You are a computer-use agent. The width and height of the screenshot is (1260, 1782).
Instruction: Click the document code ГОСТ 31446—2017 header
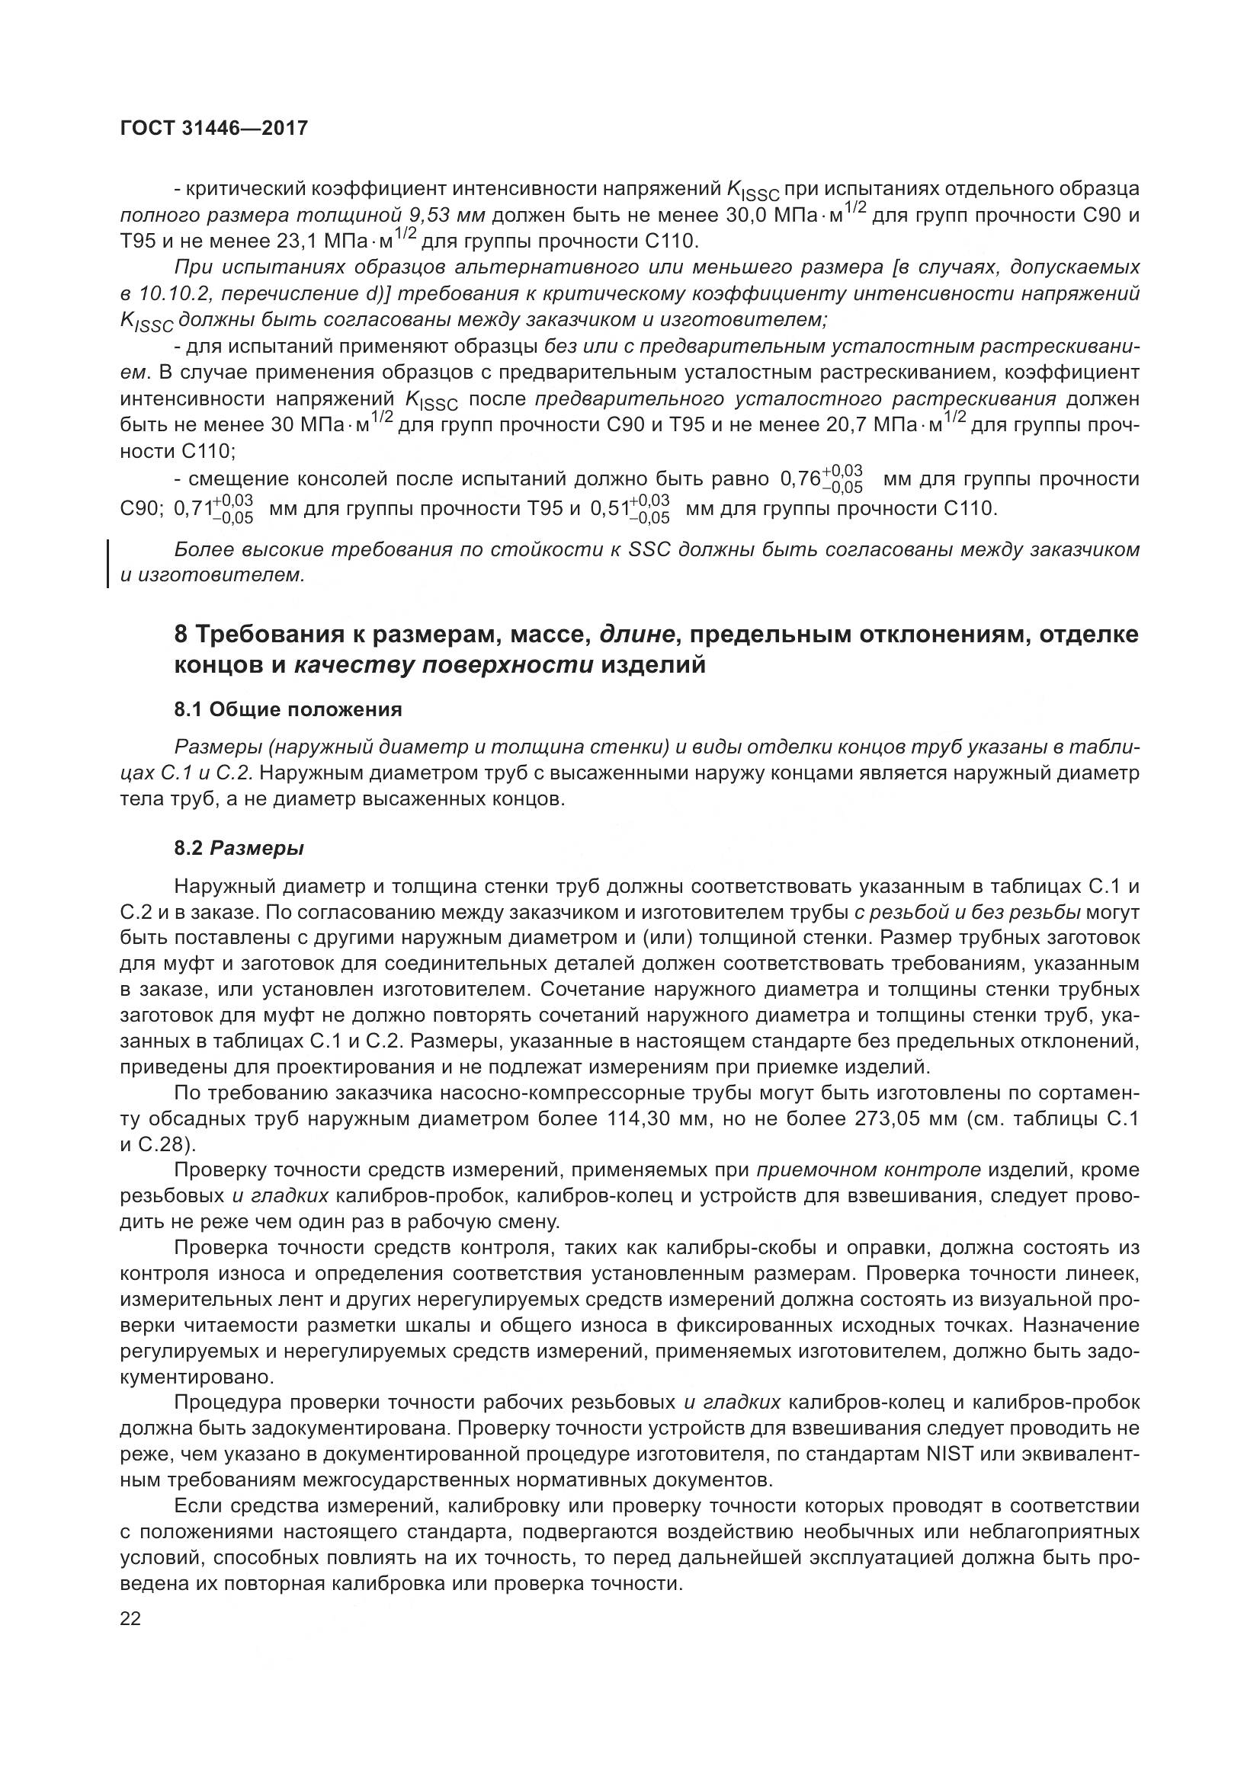point(214,128)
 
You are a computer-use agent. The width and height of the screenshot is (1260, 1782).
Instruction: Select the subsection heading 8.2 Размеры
point(239,848)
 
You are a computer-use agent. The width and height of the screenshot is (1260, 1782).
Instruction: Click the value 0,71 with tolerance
point(213,509)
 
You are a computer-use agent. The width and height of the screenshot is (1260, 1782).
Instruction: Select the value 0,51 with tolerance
point(630,509)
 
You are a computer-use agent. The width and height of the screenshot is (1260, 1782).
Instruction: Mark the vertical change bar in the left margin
point(108,563)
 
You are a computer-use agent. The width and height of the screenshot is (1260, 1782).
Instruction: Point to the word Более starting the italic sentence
point(202,549)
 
